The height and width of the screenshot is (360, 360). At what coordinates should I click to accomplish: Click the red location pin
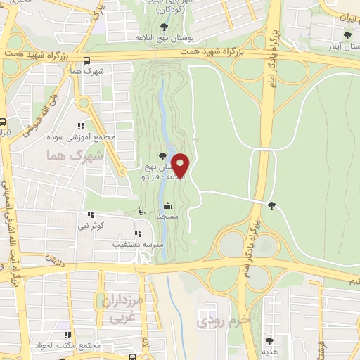pos(181,166)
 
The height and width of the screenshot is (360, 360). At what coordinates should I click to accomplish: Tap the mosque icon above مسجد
pos(167,206)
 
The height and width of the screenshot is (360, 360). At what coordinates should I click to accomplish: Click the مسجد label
pos(167,217)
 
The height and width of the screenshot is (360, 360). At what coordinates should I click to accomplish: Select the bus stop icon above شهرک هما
pos(86,60)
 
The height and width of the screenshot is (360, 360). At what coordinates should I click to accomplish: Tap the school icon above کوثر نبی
pos(91,214)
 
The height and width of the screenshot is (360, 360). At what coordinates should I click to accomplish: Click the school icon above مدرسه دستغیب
pos(138,233)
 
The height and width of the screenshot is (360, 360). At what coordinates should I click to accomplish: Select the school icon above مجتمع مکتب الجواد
pos(67,335)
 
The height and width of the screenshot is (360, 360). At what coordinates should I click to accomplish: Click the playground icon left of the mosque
pos(141,210)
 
